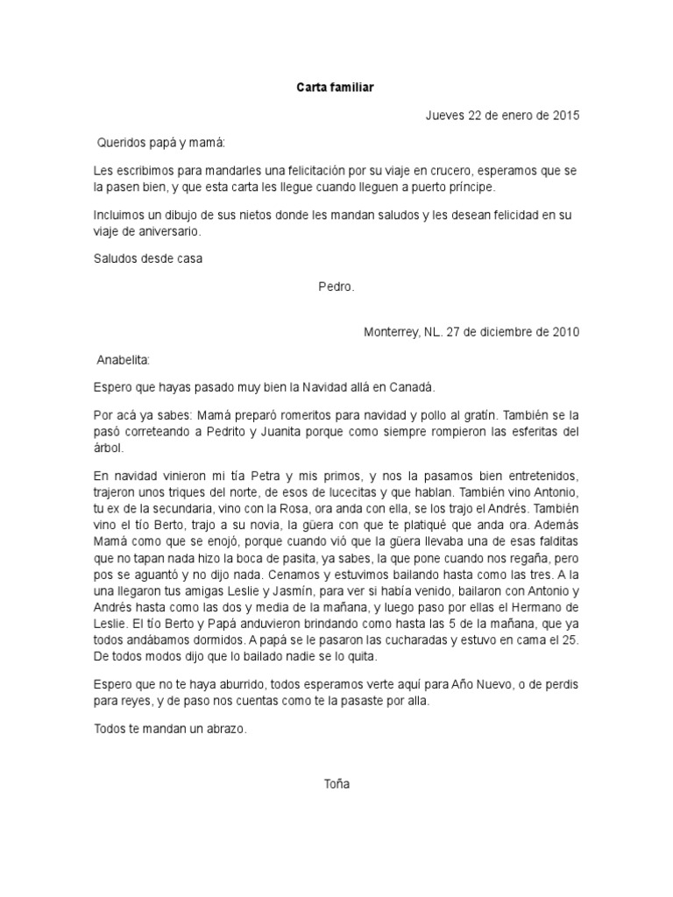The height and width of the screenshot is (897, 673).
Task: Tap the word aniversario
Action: tap(163, 232)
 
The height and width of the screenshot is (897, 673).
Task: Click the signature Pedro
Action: tap(336, 286)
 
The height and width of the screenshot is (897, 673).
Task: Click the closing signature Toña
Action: tap(336, 784)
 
